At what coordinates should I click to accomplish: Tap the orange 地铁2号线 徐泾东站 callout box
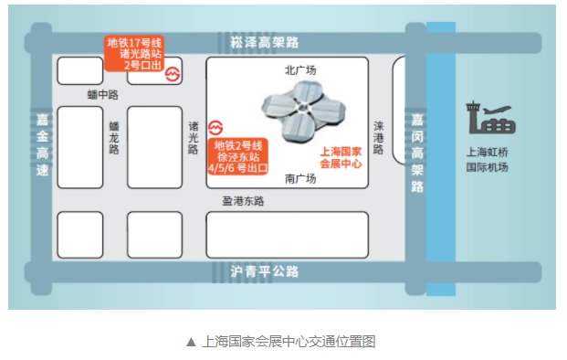coord(237,157)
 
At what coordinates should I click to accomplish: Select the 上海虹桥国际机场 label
coord(487,161)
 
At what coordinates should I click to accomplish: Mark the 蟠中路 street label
coord(102,94)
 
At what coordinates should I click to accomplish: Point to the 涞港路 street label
coord(379,138)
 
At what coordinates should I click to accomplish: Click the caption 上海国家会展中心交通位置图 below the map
coord(280,342)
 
